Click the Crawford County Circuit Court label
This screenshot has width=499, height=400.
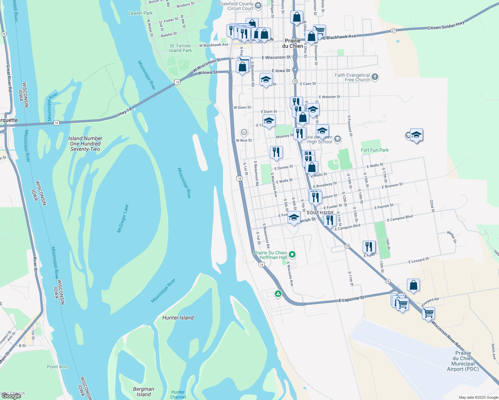pos(236,6)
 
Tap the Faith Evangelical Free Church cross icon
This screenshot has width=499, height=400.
pos(375,77)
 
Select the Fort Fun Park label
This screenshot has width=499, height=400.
pos(375,150)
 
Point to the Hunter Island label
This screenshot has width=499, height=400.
pos(178,318)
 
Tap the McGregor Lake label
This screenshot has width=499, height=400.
pos(123,219)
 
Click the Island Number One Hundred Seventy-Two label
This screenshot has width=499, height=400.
pos(85,144)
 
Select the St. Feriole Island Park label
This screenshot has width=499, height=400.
pos(180,48)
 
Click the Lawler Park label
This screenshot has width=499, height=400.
pos(140,13)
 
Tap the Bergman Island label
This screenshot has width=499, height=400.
pos(143,392)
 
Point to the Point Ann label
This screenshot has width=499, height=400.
pos(57,367)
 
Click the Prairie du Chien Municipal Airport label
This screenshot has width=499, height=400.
pos(463,361)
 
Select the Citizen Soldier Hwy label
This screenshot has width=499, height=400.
pos(446,25)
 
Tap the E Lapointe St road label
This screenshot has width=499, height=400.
pos(351,299)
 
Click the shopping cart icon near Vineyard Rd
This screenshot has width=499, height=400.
pos(428,313)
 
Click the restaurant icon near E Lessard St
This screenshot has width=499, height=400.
pos(369,247)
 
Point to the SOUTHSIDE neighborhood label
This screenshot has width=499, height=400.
pos(320,213)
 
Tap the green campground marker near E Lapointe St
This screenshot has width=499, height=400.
pos(278,294)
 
